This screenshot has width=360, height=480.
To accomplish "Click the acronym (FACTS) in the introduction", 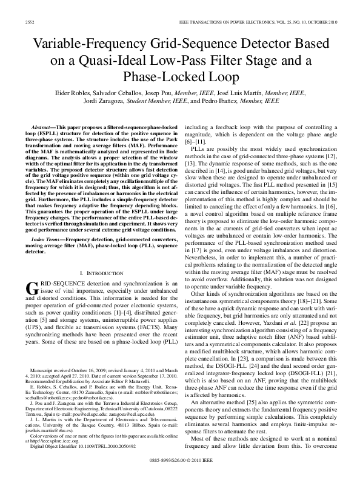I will click(148, 324).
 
